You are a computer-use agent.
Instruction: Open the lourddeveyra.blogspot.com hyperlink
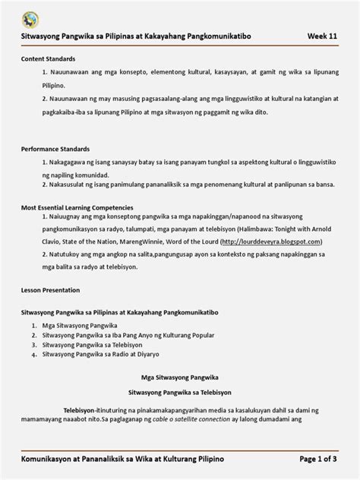tap(269, 240)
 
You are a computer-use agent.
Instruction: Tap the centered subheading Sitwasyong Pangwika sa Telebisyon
tap(180, 392)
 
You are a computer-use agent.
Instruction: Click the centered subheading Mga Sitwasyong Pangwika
tap(180, 376)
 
